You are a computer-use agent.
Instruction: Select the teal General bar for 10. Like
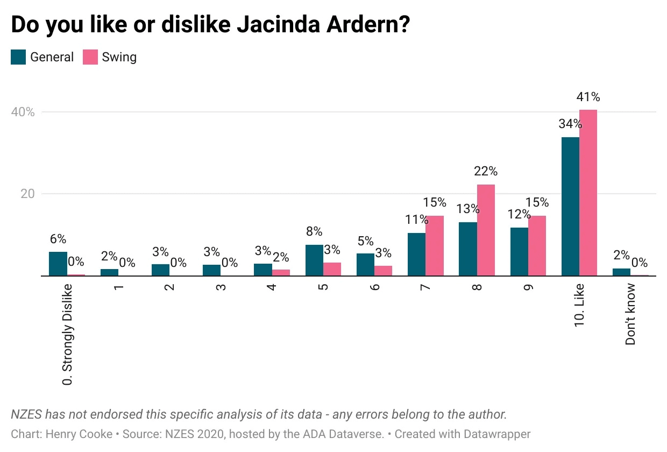tap(570, 207)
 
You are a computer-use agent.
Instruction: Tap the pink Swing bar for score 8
tap(486, 230)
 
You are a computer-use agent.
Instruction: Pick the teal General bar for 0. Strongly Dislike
tap(58, 264)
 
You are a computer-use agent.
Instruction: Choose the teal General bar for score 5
tap(314, 260)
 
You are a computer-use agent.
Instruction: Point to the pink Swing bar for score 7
tap(435, 246)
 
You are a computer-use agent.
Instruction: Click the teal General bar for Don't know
tap(621, 272)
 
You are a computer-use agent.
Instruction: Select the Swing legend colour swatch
tap(90, 57)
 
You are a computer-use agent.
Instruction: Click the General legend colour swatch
tap(18, 57)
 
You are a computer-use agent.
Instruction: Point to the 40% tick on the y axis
tap(23, 112)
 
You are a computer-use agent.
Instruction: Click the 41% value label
tap(588, 97)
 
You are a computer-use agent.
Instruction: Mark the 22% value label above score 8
tap(486, 172)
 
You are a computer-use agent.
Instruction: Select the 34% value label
tap(570, 124)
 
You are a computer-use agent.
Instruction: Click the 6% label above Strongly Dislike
tap(58, 239)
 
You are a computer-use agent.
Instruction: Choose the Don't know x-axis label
tap(630, 315)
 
